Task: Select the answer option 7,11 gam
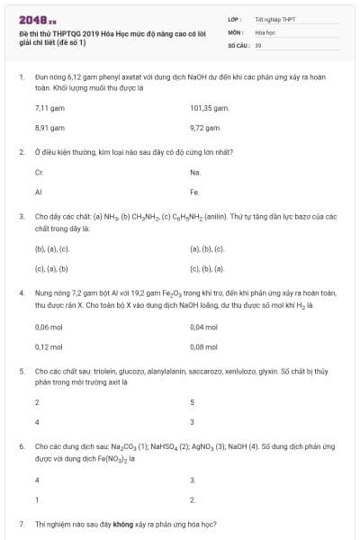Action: click(46, 107)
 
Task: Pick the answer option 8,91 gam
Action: click(46, 128)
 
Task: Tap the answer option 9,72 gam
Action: click(205, 128)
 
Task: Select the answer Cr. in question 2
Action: click(39, 171)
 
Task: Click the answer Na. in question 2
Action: click(195, 171)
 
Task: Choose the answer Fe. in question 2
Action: click(195, 192)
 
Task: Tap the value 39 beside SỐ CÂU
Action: click(258, 44)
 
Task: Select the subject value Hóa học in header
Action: click(265, 31)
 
